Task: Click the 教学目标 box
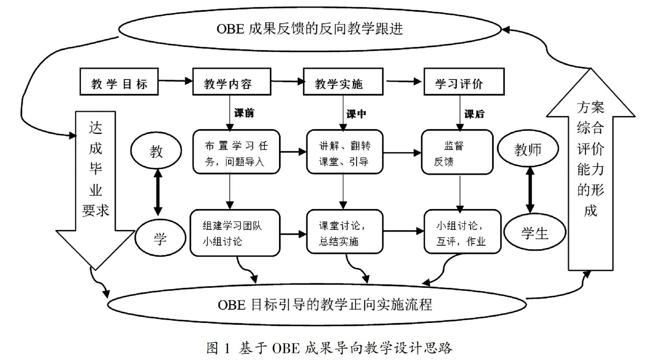click(119, 82)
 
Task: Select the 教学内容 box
click(232, 82)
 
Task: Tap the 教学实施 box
click(343, 82)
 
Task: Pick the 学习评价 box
click(464, 82)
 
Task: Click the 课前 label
click(244, 113)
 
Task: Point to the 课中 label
click(356, 114)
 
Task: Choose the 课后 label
click(474, 114)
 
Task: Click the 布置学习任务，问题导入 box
click(236, 152)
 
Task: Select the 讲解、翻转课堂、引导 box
click(344, 152)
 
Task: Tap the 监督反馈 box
click(457, 152)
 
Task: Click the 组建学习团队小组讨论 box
click(235, 232)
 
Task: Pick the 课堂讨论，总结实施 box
click(344, 232)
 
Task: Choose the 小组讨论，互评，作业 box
click(462, 232)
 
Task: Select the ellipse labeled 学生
click(534, 232)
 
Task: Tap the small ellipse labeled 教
click(156, 151)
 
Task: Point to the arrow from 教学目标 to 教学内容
click(175, 81)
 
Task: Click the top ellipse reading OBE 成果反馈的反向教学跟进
click(309, 29)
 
